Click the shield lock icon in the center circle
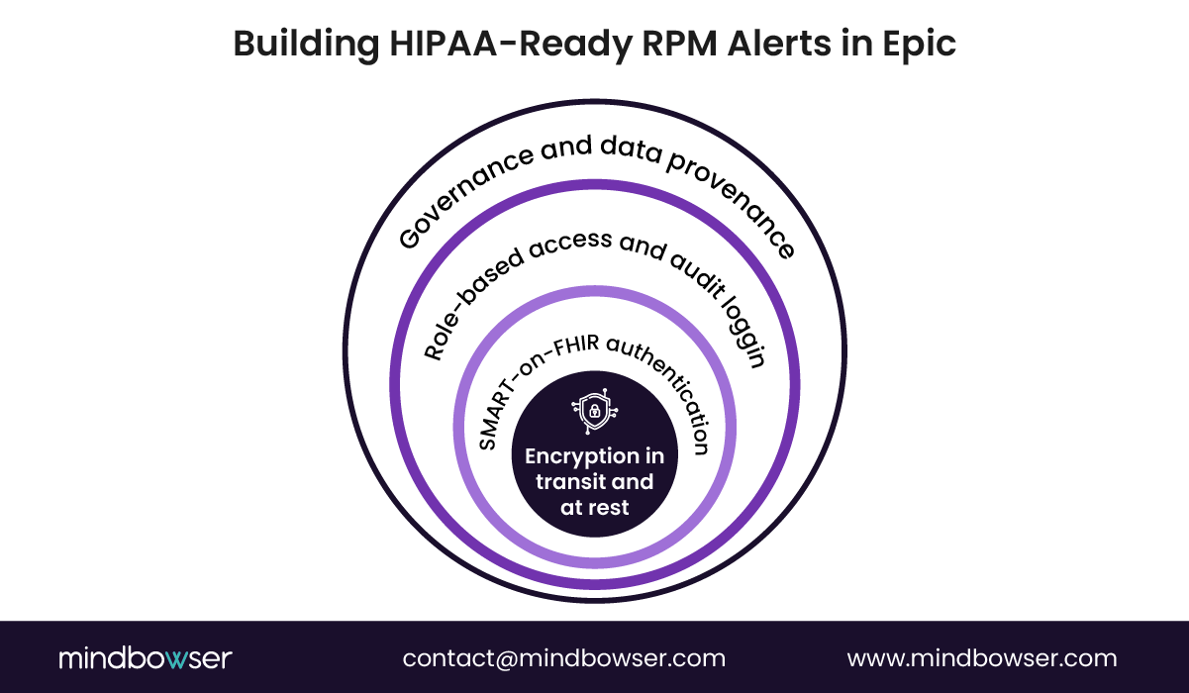click(x=594, y=413)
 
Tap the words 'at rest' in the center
click(x=594, y=508)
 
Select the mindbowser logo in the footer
click(x=145, y=658)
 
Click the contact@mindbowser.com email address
click(x=563, y=658)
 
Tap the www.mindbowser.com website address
click(x=981, y=658)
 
